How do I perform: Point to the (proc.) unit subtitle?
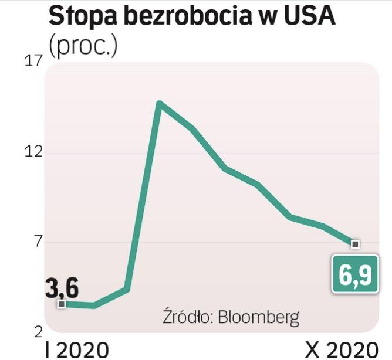point(83,46)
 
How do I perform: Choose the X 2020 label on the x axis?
point(340,349)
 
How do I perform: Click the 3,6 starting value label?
point(62,288)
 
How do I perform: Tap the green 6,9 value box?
point(355,273)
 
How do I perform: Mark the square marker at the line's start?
point(62,303)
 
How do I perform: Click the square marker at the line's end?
point(354,243)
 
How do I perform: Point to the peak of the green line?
point(159,104)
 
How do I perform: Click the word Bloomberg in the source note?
point(258,317)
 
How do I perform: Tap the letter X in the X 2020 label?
point(312,349)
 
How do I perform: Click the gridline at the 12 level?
point(264,152)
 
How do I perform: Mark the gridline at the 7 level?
point(176,243)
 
